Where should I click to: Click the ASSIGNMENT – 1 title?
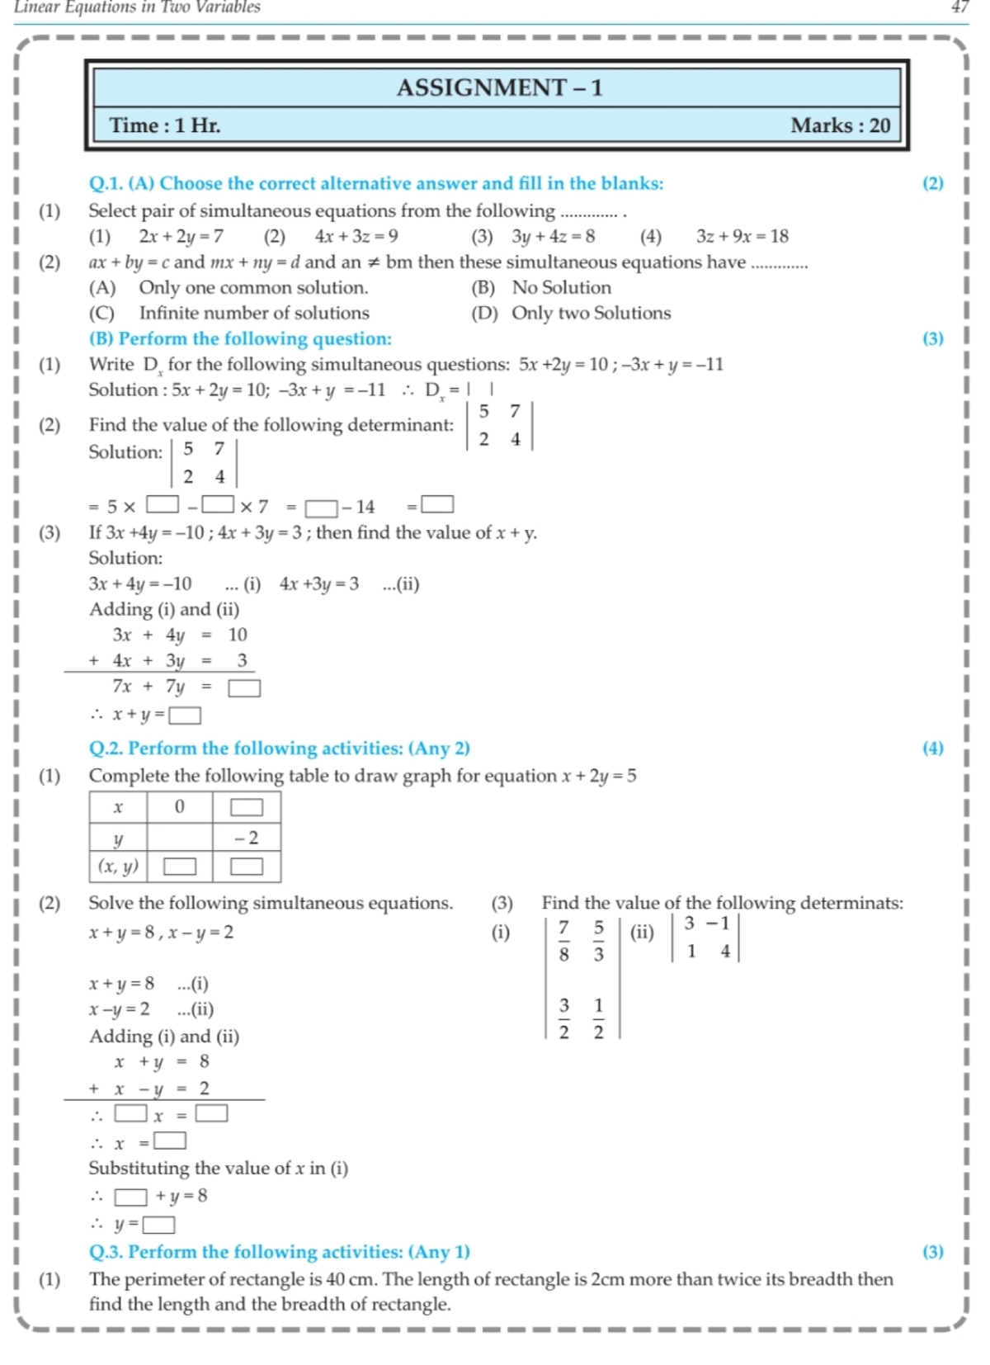tap(499, 87)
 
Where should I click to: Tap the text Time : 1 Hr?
tap(165, 125)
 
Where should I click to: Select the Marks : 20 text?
tap(840, 125)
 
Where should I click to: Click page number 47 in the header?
tap(959, 7)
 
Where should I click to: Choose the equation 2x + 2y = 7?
tap(181, 237)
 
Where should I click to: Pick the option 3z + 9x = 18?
tap(742, 237)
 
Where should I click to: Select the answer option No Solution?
tap(561, 287)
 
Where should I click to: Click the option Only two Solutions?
tap(591, 313)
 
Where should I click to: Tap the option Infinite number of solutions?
tap(253, 313)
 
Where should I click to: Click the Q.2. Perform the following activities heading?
tap(279, 748)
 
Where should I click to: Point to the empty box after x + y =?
tap(185, 716)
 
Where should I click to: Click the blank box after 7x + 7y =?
tap(244, 687)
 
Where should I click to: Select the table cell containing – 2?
tap(246, 838)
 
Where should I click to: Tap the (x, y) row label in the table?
tap(118, 867)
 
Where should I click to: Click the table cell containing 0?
tap(179, 806)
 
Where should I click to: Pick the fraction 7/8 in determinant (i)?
tap(563, 941)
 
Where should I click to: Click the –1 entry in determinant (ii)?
tap(717, 923)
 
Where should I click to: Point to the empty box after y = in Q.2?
tap(159, 1225)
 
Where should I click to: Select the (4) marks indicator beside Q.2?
tap(932, 748)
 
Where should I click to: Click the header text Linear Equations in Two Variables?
tap(137, 7)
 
